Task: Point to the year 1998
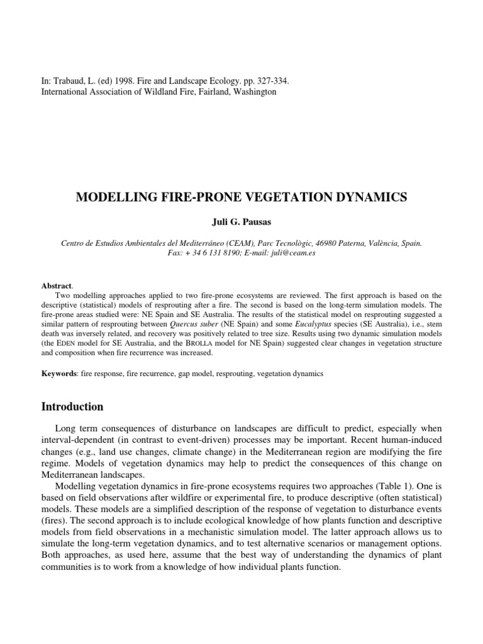(x=119, y=82)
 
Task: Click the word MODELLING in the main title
(x=111, y=197)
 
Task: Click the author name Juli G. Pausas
(x=241, y=222)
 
